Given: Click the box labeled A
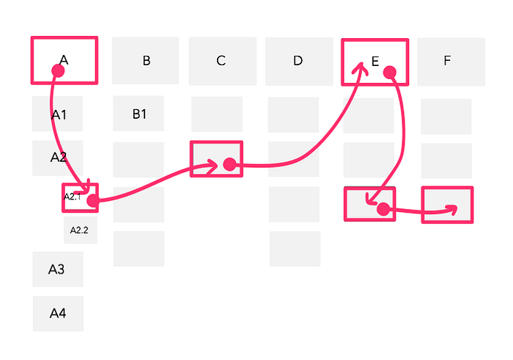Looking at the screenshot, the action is click(64, 59).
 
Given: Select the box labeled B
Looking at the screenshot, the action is click(146, 61).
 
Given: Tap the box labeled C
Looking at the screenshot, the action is click(222, 61).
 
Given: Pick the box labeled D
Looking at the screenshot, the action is click(298, 61).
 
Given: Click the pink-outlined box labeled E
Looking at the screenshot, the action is click(374, 61).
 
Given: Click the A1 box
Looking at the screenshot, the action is click(58, 114).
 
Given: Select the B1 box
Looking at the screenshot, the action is click(139, 114).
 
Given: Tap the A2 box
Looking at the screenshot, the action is click(58, 158).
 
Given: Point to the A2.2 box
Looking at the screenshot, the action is click(80, 230).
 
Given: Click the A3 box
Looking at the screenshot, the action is click(57, 269).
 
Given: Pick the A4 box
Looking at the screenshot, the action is click(58, 314).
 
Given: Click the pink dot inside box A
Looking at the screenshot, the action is click(57, 70).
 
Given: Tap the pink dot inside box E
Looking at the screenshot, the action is click(389, 72).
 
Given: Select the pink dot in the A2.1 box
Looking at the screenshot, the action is click(92, 200).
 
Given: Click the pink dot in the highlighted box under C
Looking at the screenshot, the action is click(229, 165).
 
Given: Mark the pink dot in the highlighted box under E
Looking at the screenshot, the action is click(382, 210).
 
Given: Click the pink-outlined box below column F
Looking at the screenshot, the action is click(447, 205).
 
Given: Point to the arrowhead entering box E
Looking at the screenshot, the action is click(360, 68).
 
